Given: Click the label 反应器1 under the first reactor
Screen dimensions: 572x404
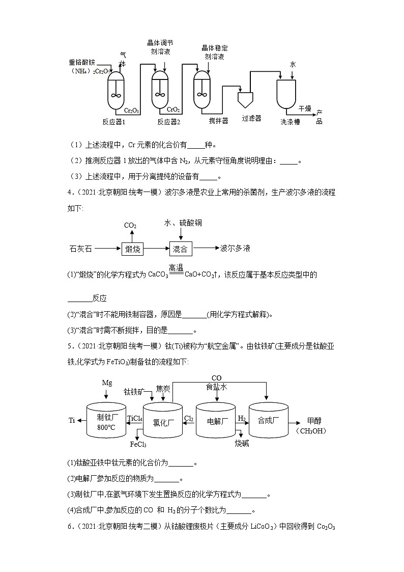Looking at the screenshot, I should pyautogui.click(x=113, y=122).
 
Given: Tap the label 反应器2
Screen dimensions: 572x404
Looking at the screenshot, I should pyautogui.click(x=168, y=122).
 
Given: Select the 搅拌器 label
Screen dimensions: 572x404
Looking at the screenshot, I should pyautogui.click(x=218, y=121).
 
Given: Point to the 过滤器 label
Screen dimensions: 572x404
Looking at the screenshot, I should pyautogui.click(x=251, y=118).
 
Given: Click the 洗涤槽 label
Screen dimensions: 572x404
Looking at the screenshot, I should pyautogui.click(x=290, y=122).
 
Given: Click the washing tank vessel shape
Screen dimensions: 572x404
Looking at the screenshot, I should pyautogui.click(x=287, y=94).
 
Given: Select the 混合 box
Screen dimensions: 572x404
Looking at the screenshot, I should pyautogui.click(x=180, y=249).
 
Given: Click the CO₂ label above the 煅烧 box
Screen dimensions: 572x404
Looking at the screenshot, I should pyautogui.click(x=130, y=225).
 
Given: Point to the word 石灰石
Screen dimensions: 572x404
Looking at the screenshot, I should pyautogui.click(x=80, y=249).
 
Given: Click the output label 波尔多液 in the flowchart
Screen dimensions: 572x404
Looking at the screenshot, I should pyautogui.click(x=235, y=249).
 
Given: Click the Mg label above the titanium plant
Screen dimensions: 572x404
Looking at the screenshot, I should pyautogui.click(x=107, y=383).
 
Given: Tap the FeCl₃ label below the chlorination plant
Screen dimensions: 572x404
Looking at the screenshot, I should pyautogui.click(x=138, y=445).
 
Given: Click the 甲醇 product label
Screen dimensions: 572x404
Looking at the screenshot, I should pyautogui.click(x=314, y=421).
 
